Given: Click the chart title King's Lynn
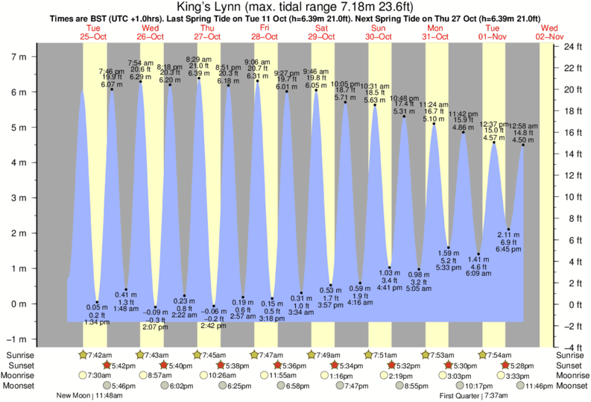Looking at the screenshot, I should point(295,8).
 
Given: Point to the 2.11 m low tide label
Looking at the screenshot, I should point(508,235).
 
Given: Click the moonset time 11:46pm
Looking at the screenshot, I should point(539,386).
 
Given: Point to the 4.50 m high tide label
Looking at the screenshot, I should point(525,139).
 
